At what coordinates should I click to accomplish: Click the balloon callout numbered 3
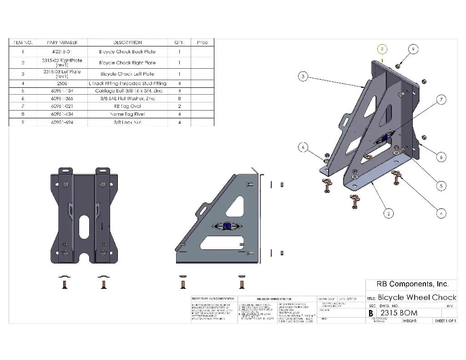tap(303, 76)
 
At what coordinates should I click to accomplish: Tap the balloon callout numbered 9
tap(413, 49)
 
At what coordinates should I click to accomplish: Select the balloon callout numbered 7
tap(440, 100)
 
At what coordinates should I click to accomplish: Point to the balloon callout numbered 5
tap(440, 186)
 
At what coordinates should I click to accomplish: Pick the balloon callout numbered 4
tap(440, 212)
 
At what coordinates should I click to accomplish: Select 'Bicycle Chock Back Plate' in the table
tap(127, 52)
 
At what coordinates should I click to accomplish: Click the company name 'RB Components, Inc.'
tap(412, 284)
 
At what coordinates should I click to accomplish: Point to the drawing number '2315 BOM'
tap(399, 313)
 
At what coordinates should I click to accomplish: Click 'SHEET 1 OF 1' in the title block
tap(445, 321)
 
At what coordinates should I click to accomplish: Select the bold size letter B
tap(371, 314)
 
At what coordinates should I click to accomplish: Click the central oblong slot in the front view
tap(85, 225)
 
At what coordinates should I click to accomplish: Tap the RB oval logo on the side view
tap(226, 227)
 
